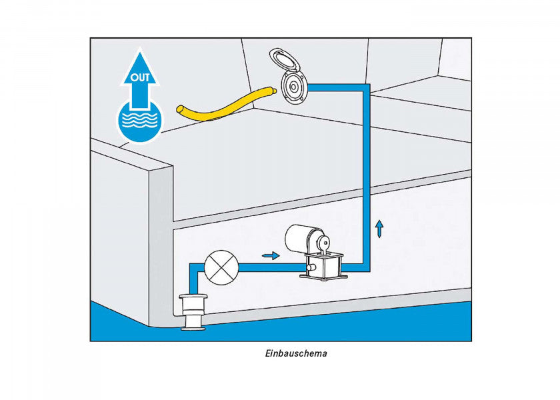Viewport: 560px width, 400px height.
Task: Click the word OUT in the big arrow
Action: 139,77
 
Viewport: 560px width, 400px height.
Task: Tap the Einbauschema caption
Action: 296,353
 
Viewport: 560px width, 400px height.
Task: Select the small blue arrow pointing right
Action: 271,255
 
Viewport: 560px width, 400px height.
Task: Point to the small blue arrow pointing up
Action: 379,229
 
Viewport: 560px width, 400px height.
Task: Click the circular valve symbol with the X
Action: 221,267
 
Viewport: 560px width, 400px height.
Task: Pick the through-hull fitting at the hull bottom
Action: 193,312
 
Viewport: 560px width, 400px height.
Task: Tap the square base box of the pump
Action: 323,266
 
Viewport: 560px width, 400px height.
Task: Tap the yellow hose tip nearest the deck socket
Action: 273,91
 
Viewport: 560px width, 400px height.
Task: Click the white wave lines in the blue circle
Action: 139,120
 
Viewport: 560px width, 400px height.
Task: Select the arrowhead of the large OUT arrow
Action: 139,69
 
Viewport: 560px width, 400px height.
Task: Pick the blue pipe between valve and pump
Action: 269,267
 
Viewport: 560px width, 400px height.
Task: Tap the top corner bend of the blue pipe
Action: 366,88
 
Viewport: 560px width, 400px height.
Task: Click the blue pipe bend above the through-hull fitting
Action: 193,267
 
